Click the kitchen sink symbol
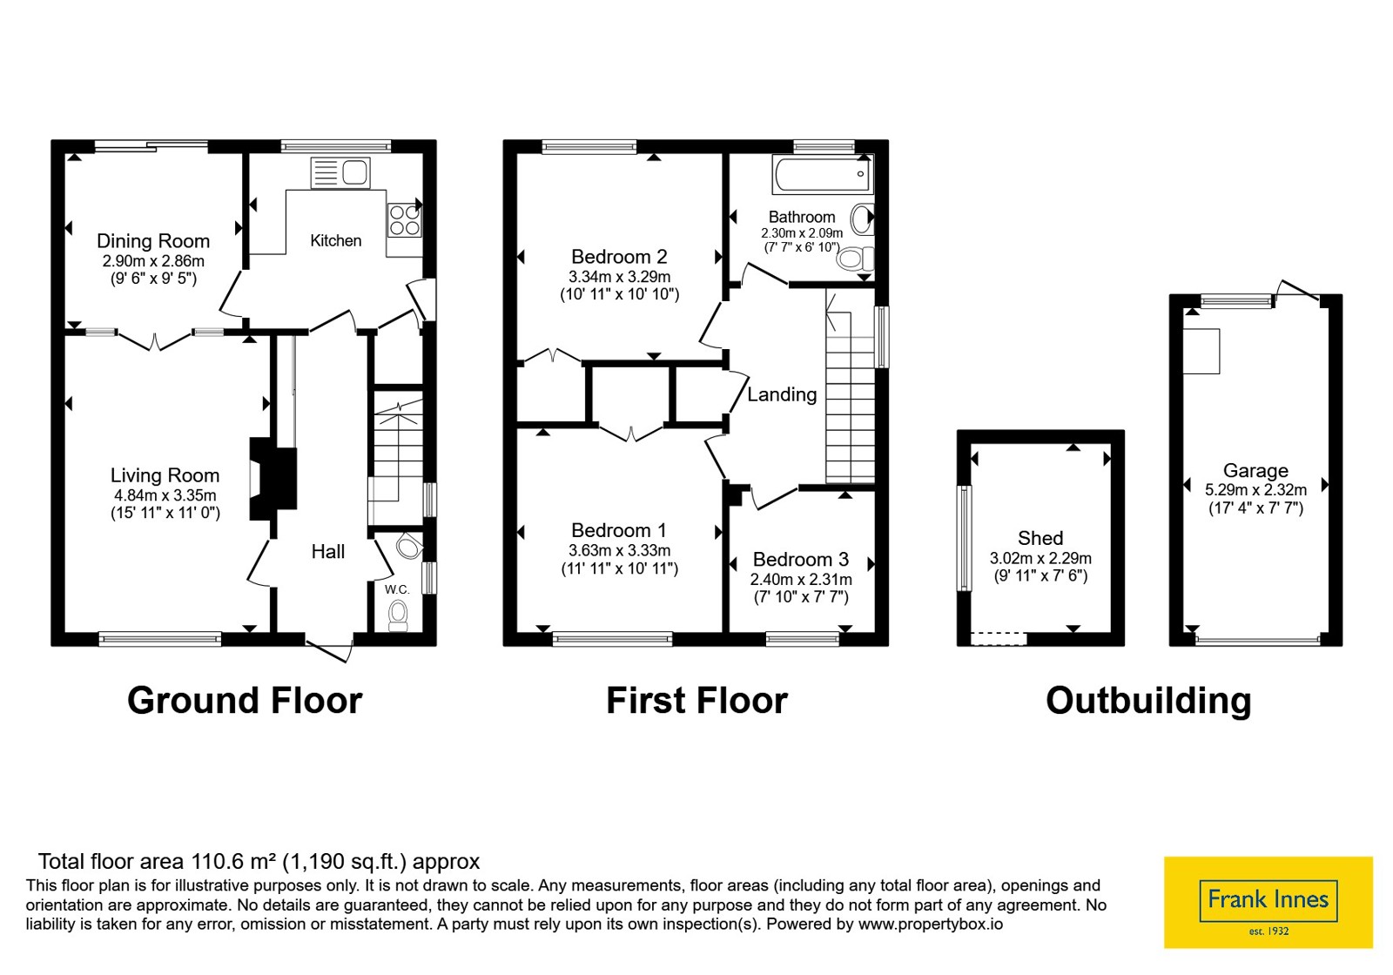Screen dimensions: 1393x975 tap(340, 173)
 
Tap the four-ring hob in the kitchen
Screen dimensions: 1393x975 tap(404, 221)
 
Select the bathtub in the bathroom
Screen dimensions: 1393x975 tap(823, 174)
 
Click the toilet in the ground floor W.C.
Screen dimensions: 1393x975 tap(398, 615)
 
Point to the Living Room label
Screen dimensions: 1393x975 tap(165, 475)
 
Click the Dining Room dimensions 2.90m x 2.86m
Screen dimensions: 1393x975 tap(153, 261)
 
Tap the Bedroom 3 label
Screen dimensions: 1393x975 tap(801, 560)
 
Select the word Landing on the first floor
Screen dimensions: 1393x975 tap(782, 394)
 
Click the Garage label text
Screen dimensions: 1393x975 tap(1255, 471)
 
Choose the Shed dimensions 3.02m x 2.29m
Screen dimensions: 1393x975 tap(1040, 558)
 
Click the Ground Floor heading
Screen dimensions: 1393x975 tap(245, 700)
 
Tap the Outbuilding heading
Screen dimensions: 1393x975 tap(1148, 701)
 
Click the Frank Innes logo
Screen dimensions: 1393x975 tap(1268, 902)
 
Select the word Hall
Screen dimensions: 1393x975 tap(327, 552)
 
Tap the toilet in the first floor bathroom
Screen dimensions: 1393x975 tap(855, 258)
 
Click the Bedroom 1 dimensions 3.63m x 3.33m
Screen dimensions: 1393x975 tap(619, 550)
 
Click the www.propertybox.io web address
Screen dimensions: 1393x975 tap(931, 924)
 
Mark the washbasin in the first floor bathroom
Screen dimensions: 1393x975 tap(863, 219)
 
